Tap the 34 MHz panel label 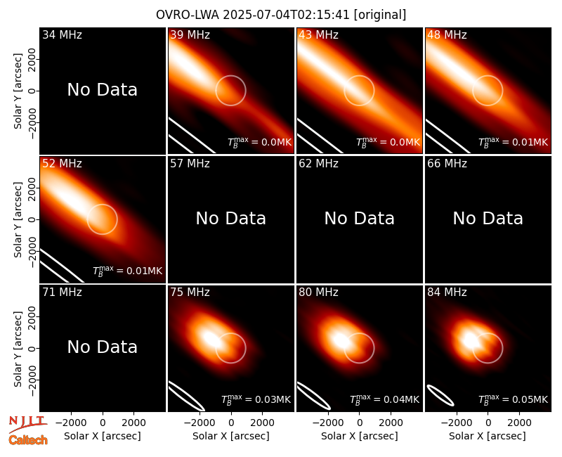point(62,34)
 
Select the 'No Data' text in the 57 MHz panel point(231,218)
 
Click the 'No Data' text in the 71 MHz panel point(103,347)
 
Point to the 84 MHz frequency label point(447,292)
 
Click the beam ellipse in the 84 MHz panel point(440,395)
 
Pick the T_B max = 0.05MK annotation point(513,399)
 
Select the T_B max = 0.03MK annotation point(256,399)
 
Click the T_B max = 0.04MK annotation point(384,399)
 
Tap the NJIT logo point(27,423)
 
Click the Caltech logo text point(28,440)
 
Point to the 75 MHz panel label point(190,292)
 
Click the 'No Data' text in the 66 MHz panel point(488,218)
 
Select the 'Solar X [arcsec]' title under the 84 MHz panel point(488,436)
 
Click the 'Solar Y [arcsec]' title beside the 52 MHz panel point(18,219)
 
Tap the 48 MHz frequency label point(447,34)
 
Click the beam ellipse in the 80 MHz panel point(314,396)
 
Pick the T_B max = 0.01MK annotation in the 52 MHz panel point(128,271)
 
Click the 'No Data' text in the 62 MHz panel point(360,218)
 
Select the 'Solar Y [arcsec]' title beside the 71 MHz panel point(18,349)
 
